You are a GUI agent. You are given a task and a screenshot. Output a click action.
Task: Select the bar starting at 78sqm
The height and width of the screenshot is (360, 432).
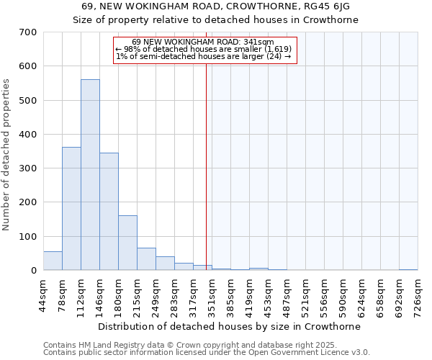click(x=71, y=209)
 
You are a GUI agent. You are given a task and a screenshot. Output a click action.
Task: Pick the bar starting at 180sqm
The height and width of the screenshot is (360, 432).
click(x=127, y=243)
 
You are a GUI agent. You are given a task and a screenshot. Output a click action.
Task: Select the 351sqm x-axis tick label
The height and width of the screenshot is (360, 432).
click(x=212, y=295)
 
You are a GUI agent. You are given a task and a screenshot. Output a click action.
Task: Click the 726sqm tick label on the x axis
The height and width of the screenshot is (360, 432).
click(x=418, y=295)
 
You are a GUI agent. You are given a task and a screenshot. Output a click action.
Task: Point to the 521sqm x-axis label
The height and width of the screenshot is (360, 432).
click(x=305, y=295)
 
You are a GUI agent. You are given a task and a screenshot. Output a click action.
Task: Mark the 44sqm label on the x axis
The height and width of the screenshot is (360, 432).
click(x=43, y=295)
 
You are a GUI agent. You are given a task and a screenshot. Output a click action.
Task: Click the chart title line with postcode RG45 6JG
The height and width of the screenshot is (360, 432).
click(x=216, y=6)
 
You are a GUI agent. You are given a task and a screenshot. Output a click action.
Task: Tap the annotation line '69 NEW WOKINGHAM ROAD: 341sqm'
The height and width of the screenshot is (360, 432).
click(x=204, y=42)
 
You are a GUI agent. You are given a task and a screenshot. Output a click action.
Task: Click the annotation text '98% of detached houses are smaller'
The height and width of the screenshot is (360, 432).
click(x=204, y=49)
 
